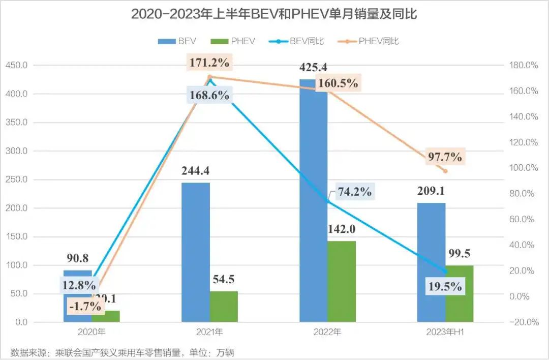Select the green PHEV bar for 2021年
(x=224, y=307)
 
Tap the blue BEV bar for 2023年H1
(x=431, y=262)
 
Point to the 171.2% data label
(x=210, y=64)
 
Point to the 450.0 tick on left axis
(x=16, y=66)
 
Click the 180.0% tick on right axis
(x=524, y=66)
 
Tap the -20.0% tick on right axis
(x=524, y=322)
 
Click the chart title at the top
(x=274, y=14)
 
